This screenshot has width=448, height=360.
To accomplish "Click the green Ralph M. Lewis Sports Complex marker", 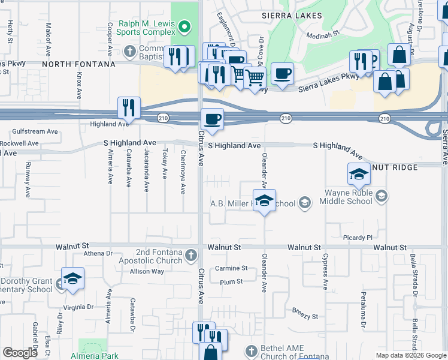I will (184, 26).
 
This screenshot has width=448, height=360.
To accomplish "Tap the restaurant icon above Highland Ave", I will (129, 108).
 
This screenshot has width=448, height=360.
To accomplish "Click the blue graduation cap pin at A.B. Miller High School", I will (263, 201).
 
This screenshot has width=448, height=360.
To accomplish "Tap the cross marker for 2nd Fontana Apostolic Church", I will (191, 256).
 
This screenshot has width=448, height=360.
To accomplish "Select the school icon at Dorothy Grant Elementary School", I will (72, 279).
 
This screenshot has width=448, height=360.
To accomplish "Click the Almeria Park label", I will (99, 355).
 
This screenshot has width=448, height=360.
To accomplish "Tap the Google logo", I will (20, 353).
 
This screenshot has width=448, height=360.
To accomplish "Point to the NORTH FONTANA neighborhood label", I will (78, 64).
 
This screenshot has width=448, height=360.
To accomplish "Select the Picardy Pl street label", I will (358, 238).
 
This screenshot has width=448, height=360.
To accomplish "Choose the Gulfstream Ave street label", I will (35, 131).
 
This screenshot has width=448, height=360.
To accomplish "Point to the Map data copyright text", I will (410, 355).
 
